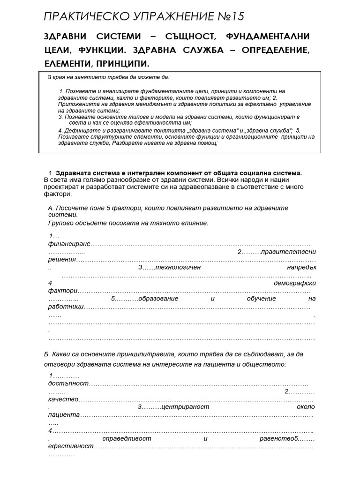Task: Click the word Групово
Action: (60, 223)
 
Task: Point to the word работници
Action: (66, 306)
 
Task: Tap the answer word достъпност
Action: (68, 383)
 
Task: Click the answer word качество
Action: (63, 400)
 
